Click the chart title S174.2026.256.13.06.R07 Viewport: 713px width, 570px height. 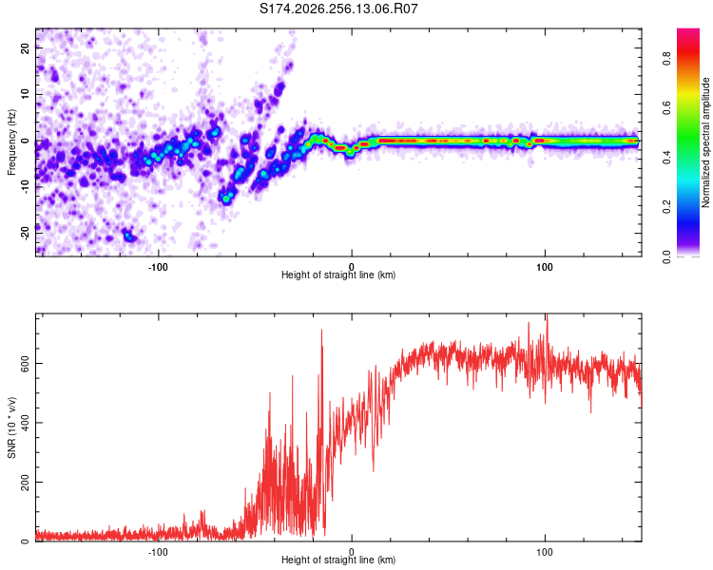(x=338, y=9)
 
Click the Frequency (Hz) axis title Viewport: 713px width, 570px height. (x=11, y=142)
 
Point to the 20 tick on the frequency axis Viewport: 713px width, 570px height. (x=25, y=48)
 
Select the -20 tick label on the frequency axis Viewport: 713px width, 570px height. (x=25, y=233)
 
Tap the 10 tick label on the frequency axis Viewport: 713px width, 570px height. (x=25, y=94)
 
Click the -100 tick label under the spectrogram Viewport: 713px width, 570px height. (x=158, y=267)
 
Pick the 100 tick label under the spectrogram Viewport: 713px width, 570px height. (x=545, y=267)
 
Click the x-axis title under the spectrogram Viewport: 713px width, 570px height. (x=338, y=275)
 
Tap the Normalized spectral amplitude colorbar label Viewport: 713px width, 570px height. (x=705, y=142)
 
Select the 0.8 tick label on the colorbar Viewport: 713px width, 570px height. (x=666, y=58)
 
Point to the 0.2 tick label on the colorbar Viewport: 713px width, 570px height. (x=666, y=206)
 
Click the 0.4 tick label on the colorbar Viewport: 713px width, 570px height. (x=666, y=158)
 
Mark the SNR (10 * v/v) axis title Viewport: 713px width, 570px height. (x=11, y=427)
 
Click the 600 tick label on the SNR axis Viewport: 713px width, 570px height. (x=25, y=364)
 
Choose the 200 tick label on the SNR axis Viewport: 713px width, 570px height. (x=25, y=482)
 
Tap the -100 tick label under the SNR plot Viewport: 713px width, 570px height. (x=158, y=552)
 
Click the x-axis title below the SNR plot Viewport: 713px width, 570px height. (x=338, y=560)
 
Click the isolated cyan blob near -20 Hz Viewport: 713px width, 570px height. (x=128, y=236)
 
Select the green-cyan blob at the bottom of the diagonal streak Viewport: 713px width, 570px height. (x=226, y=198)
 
